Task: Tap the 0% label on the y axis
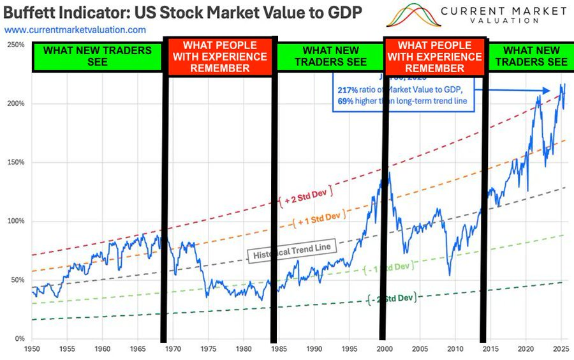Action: (20, 339)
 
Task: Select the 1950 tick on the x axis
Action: (32, 350)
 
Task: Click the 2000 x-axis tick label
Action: (383, 350)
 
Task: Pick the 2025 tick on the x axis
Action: (560, 350)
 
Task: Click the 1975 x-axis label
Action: (207, 350)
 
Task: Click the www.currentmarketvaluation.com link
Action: (75, 30)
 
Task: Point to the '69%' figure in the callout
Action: (346, 101)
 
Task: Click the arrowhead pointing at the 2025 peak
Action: (547, 90)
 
